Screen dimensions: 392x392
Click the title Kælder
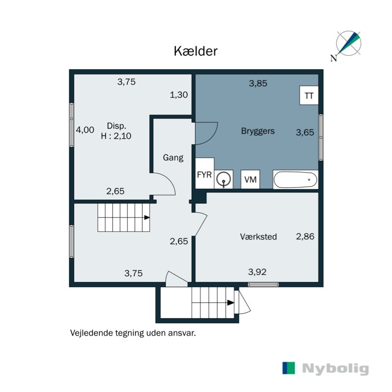(x=196, y=51)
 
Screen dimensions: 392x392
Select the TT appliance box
(x=309, y=96)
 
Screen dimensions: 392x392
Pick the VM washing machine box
(x=250, y=180)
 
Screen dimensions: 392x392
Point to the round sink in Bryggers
(x=224, y=179)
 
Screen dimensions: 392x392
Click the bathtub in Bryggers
(x=295, y=180)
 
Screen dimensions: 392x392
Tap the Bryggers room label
(x=258, y=131)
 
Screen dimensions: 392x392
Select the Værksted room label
(x=258, y=237)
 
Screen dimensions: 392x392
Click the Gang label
(x=173, y=158)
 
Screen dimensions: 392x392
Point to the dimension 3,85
(x=258, y=83)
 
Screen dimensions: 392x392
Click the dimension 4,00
(x=84, y=130)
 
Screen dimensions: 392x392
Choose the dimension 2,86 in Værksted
(x=305, y=236)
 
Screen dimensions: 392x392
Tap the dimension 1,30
(x=179, y=95)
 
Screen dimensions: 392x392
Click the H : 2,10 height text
(x=116, y=137)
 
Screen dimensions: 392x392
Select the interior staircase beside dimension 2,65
(x=123, y=218)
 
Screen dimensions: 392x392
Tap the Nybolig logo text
(x=335, y=368)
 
